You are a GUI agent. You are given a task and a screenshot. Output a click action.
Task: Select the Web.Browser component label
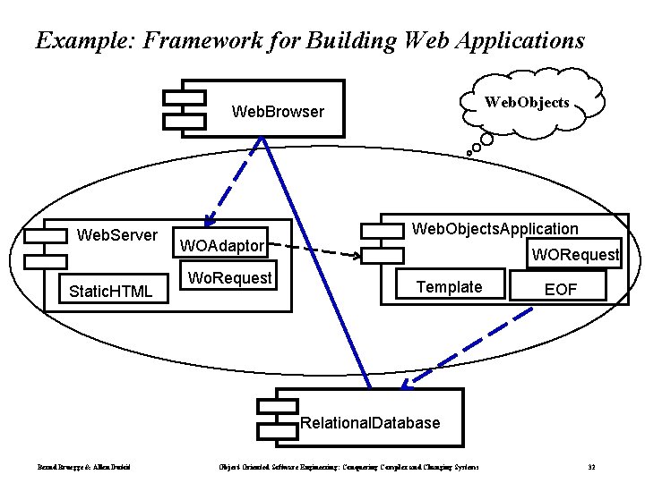pyautogui.click(x=278, y=112)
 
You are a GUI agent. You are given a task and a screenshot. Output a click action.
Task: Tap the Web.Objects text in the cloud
pyautogui.click(x=527, y=103)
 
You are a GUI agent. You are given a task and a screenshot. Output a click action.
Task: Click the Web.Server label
pyautogui.click(x=117, y=235)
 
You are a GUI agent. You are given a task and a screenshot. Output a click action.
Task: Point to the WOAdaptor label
pyautogui.click(x=222, y=246)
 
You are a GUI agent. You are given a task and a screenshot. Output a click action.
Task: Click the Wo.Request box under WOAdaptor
pyautogui.click(x=229, y=278)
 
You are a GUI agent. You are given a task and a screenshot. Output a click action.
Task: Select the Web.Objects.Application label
pyautogui.click(x=494, y=229)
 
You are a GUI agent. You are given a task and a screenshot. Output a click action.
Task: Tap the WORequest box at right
pyautogui.click(x=574, y=255)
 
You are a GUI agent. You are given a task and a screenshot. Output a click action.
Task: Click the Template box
pyautogui.click(x=449, y=286)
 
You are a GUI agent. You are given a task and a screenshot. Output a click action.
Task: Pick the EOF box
pyautogui.click(x=562, y=289)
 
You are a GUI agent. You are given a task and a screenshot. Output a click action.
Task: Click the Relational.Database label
pyautogui.click(x=371, y=422)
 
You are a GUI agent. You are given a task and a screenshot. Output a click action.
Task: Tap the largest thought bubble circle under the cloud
pyautogui.click(x=486, y=140)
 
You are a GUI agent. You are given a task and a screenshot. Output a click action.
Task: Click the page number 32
pyautogui.click(x=591, y=468)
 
